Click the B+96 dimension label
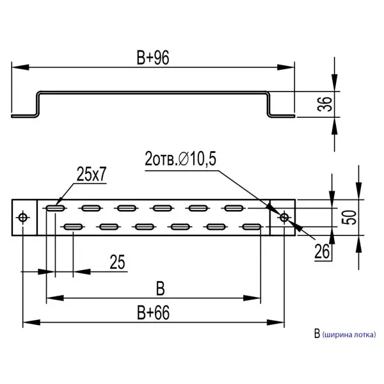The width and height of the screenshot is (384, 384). tap(152, 58)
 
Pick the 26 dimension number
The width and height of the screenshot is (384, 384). tap(322, 252)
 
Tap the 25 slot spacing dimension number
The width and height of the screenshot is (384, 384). tap(117, 262)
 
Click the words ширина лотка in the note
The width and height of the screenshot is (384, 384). tap(349, 334)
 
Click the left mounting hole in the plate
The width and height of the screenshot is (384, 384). tap(24, 218)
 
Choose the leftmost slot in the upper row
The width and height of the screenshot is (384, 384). tap(54, 208)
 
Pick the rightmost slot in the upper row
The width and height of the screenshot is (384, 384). tap(233, 208)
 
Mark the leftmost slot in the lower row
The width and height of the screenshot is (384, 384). tap(72, 227)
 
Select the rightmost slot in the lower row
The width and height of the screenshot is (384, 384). tap(251, 227)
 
